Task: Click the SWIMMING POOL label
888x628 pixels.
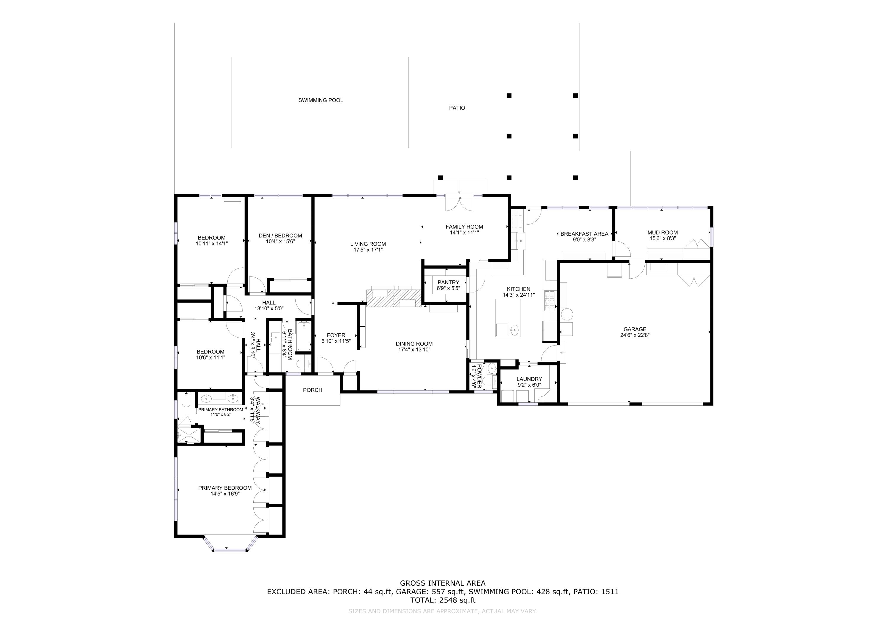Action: point(320,100)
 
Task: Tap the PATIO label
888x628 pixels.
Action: point(457,108)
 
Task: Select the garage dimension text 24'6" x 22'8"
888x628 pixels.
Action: point(635,335)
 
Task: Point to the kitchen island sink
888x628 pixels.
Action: point(514,330)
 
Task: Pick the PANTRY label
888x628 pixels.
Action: point(448,282)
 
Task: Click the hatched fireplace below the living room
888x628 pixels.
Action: point(394,298)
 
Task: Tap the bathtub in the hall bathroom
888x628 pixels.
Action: point(304,336)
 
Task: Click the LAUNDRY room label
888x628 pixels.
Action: point(529,379)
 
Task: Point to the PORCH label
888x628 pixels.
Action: point(313,390)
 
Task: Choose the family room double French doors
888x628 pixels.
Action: point(459,204)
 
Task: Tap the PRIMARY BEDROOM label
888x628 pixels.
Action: point(225,488)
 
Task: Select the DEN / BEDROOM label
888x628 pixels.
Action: point(280,236)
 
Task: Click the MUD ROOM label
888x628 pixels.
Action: point(662,232)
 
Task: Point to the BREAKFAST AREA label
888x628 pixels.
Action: point(584,234)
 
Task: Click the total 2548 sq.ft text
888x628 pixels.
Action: point(443,600)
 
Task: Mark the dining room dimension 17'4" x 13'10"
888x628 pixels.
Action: point(414,349)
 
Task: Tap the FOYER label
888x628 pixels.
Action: point(336,335)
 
